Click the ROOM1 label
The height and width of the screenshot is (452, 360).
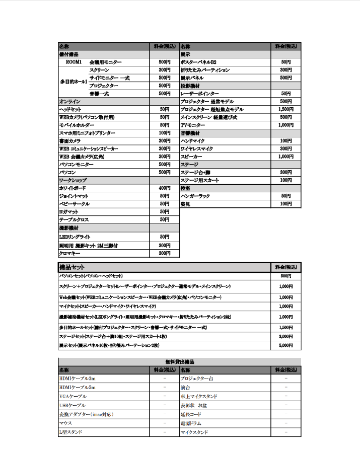pos(74,62)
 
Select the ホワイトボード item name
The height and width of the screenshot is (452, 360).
pos(73,188)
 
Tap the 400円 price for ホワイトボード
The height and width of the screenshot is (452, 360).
pos(164,188)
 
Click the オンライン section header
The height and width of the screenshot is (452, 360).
pos(69,101)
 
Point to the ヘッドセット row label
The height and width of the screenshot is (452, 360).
pos(70,109)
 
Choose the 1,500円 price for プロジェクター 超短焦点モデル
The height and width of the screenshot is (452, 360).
pos(285,109)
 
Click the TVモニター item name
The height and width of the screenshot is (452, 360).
pos(193,125)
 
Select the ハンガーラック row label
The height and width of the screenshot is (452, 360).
pos(193,196)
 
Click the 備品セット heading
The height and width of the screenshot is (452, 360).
pos(72,267)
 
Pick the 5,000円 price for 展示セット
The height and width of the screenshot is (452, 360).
pos(285,345)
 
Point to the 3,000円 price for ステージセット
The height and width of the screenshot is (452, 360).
pos(285,336)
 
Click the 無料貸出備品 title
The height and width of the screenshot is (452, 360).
pos(180,362)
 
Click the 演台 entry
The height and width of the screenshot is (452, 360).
pos(185,387)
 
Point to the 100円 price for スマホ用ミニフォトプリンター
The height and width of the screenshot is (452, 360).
pos(164,133)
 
